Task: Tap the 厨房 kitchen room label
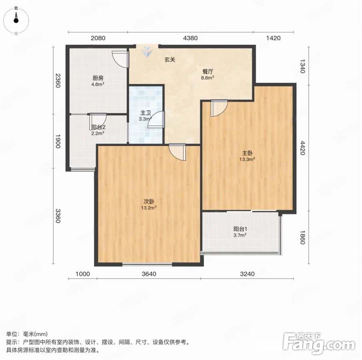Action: (98, 78)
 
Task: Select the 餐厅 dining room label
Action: (208, 72)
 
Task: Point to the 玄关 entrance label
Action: (170, 60)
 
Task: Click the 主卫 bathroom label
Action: (146, 113)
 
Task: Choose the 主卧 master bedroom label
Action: (247, 153)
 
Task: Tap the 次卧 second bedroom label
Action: (149, 202)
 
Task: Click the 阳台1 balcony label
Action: (240, 229)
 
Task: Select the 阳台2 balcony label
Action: (98, 127)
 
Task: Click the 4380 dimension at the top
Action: (190, 38)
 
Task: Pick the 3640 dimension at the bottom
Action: (149, 274)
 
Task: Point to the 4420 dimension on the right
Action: (303, 148)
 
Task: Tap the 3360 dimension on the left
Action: (58, 216)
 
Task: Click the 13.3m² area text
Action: (247, 159)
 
